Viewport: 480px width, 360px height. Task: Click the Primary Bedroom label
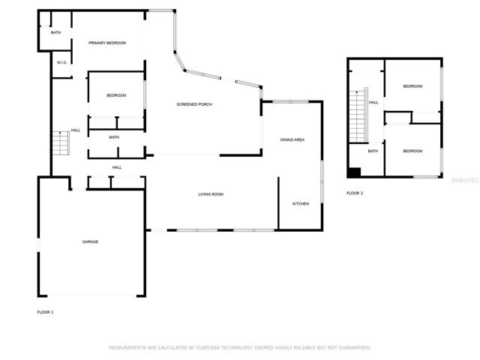[x=107, y=43]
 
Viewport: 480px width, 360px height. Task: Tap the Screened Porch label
[x=194, y=104]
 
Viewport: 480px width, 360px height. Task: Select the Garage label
[x=90, y=241]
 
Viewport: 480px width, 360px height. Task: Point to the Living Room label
[x=211, y=194]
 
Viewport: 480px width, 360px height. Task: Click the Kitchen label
[x=301, y=204]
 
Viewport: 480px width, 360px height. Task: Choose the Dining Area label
[x=292, y=140]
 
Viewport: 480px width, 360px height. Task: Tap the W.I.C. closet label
[x=61, y=63]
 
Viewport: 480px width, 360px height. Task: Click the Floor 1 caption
[x=45, y=312]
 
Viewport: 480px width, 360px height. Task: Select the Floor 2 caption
[x=355, y=193]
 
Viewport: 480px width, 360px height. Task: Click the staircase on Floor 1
[x=61, y=143]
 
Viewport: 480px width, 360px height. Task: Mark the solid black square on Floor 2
[x=355, y=172]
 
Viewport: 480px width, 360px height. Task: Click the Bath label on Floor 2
[x=373, y=151]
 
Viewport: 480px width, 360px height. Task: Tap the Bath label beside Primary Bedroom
[x=55, y=32]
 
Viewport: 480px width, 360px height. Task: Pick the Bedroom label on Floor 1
[x=116, y=95]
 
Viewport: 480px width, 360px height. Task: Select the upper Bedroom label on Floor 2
[x=412, y=86]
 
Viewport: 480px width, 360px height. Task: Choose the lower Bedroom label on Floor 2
[x=412, y=151]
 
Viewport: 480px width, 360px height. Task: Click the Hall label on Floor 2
[x=373, y=103]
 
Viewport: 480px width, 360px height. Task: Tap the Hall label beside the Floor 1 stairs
[x=76, y=130]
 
